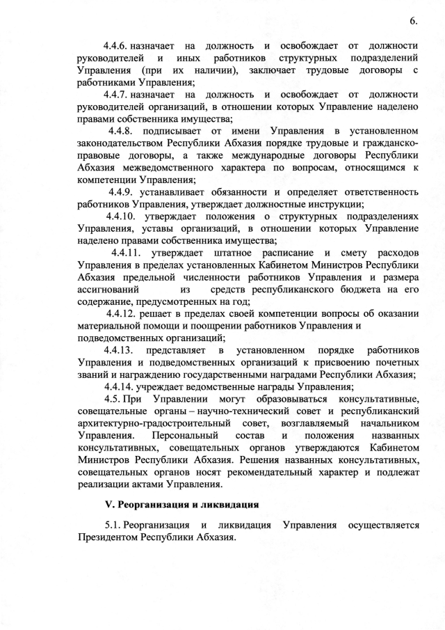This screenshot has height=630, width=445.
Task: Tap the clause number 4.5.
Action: (x=114, y=399)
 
